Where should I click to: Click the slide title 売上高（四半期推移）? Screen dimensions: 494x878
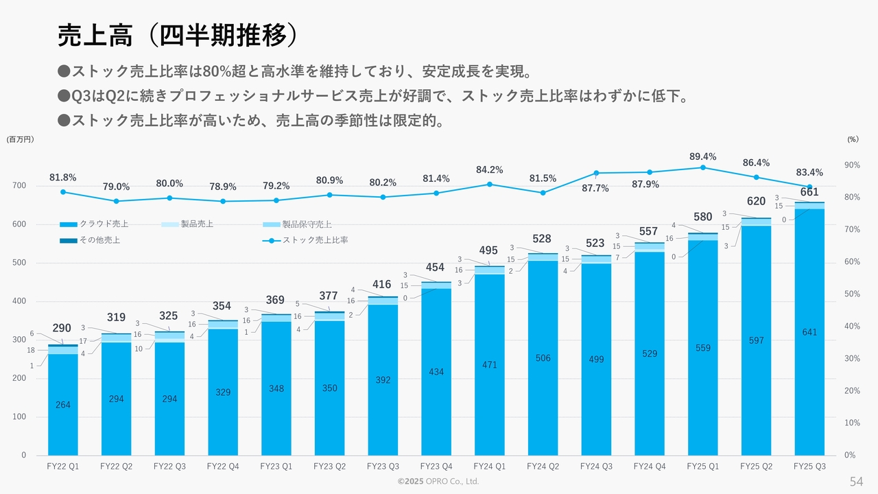[x=178, y=36]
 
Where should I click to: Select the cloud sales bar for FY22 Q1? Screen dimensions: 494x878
[x=63, y=405]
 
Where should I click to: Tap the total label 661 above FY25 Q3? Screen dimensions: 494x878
[x=810, y=192]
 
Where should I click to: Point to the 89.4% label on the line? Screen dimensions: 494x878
[x=703, y=157]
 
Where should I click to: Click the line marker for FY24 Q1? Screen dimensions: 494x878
[x=490, y=184]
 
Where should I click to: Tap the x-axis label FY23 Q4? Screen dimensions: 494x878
[x=436, y=466]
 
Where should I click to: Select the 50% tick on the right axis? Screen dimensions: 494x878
[x=852, y=294]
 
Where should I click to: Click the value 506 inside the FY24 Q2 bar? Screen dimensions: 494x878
[x=543, y=358]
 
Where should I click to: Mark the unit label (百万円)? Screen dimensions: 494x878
[x=20, y=139]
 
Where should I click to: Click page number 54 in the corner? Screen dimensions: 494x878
[x=857, y=480]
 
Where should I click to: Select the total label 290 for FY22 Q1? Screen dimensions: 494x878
[x=62, y=328]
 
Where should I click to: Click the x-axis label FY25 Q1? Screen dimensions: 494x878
[x=703, y=466]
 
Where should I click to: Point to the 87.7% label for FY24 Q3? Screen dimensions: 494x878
[x=595, y=189]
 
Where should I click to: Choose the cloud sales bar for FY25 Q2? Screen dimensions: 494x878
[x=757, y=340]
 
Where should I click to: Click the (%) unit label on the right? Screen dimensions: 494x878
[x=853, y=139]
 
